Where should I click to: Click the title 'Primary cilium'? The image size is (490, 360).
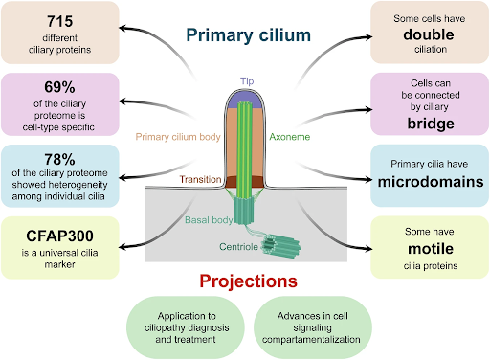(248, 35)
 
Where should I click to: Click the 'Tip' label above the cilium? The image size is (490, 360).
(248, 80)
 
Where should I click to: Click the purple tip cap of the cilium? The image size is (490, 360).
(248, 98)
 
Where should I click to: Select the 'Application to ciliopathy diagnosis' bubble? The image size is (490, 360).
(187, 326)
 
